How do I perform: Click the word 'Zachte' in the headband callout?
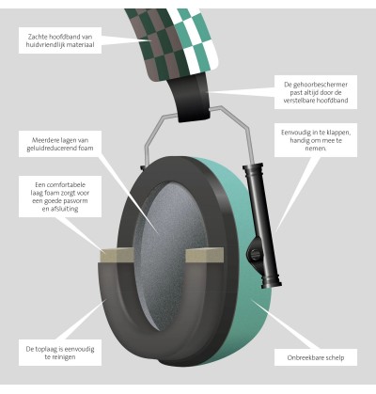(x=38, y=37)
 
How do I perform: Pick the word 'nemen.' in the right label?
(x=316, y=149)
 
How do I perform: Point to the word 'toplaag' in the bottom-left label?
(x=47, y=349)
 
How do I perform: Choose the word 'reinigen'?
(x=64, y=357)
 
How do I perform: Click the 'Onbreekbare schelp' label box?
(x=316, y=357)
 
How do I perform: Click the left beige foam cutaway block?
(x=117, y=255)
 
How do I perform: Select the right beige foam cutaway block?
(x=204, y=255)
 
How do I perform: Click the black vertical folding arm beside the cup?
(x=260, y=224)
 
